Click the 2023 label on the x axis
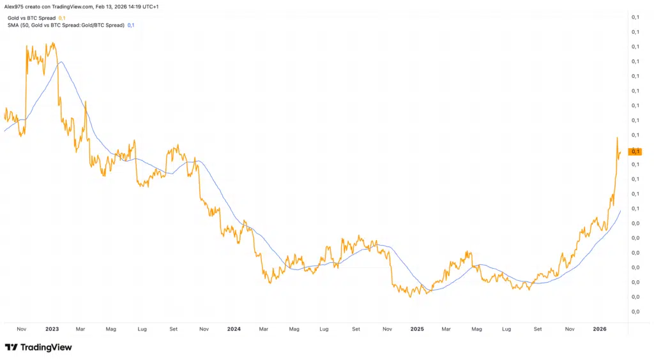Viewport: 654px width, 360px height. coord(52,329)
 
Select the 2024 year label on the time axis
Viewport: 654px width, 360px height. coord(234,329)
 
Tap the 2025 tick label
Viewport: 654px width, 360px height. coord(416,329)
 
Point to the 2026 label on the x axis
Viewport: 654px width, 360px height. coord(599,329)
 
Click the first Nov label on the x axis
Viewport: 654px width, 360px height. coord(21,329)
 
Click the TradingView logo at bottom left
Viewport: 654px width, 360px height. coord(38,347)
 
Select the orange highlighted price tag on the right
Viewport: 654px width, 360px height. coord(635,151)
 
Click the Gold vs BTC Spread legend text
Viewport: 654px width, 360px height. coord(31,18)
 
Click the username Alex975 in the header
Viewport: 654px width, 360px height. coord(15,6)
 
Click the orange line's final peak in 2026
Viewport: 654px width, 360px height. coord(617,137)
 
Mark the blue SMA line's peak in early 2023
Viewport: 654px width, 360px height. coord(61,62)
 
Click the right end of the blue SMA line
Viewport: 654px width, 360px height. coord(620,210)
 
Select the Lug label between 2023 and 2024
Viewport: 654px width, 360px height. coord(142,329)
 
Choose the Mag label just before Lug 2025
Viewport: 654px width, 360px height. coord(476,329)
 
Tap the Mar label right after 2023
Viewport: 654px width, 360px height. coord(80,329)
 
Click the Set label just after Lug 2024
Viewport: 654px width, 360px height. coord(355,329)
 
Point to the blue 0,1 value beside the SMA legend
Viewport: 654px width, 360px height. coord(131,25)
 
